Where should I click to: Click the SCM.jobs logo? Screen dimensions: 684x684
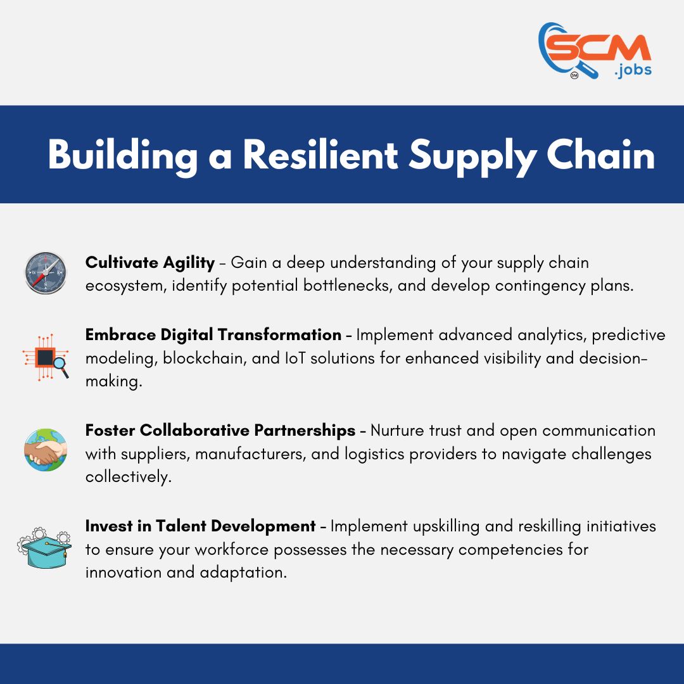pos(594,51)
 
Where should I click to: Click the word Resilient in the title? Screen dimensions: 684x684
pos(320,155)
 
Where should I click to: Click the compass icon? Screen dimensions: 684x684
pos(46,273)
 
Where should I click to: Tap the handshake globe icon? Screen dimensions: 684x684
pos(46,450)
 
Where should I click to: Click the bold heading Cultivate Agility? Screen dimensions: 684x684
pos(150,262)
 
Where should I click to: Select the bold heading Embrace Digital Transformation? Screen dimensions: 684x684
pos(213,334)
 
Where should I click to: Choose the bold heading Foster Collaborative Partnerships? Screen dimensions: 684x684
pos(220,431)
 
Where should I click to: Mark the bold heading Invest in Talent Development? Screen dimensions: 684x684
pos(200,526)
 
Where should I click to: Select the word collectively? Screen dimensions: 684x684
pos(129,477)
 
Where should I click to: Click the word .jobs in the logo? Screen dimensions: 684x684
pos(633,70)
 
